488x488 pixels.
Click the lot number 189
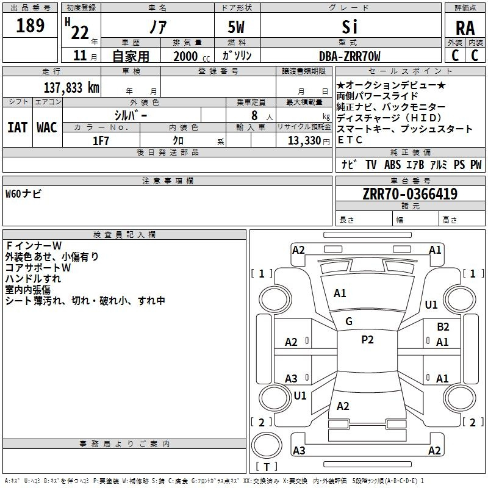(30, 26)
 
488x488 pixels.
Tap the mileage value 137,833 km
(71, 88)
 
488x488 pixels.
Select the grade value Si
(350, 27)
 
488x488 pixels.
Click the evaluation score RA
(465, 28)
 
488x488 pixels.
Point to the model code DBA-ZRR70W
(350, 56)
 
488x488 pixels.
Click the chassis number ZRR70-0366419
(410, 193)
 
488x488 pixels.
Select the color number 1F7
(101, 141)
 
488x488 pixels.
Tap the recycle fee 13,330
(304, 141)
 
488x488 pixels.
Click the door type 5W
(236, 27)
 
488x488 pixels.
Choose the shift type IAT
(18, 127)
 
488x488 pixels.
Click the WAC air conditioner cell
(47, 127)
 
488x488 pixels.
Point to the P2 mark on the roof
(367, 340)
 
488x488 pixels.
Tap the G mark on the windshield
(349, 321)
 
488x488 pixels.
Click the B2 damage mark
(443, 327)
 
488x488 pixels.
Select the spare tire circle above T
(267, 445)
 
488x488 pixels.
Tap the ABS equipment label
(392, 164)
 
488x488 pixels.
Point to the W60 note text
(23, 194)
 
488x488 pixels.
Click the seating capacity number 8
(254, 115)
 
